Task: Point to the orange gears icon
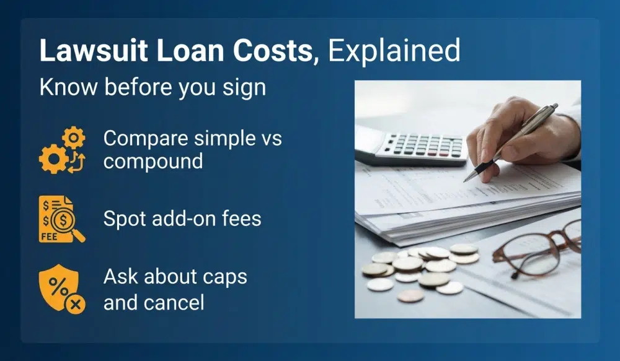(x=62, y=150)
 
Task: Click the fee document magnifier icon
(x=61, y=219)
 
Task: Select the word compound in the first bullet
(x=153, y=161)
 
